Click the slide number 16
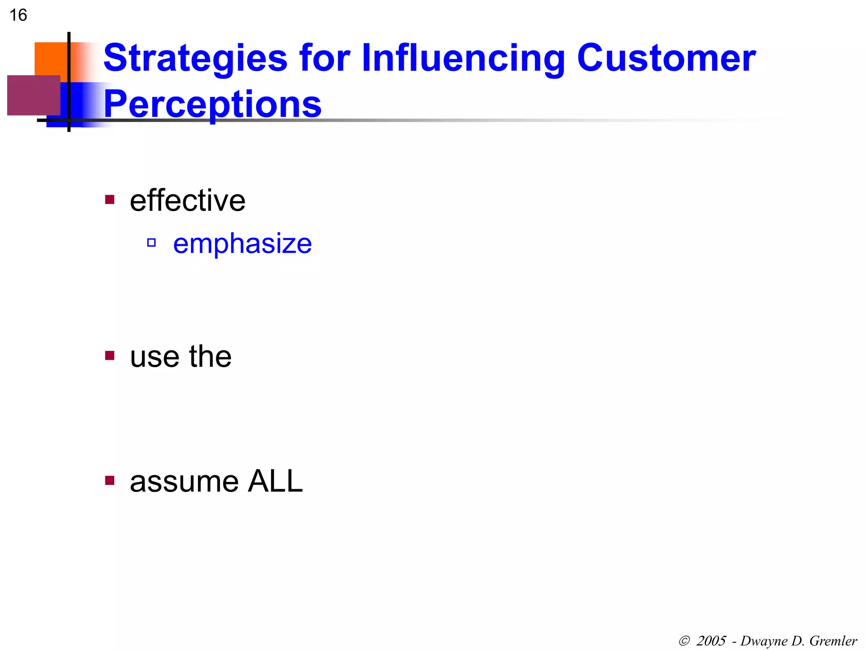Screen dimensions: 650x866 pyautogui.click(x=18, y=15)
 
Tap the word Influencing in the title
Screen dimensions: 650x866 pyautogui.click(x=463, y=58)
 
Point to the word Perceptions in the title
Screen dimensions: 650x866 pyautogui.click(x=212, y=104)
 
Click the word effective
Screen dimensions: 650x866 pyautogui.click(x=187, y=201)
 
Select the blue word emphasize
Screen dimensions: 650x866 pyautogui.click(x=242, y=244)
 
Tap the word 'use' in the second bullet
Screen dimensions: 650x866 pyautogui.click(x=154, y=357)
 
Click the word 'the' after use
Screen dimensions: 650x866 pyautogui.click(x=210, y=357)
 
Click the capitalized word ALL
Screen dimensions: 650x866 pyautogui.click(x=275, y=482)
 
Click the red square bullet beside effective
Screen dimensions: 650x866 pyautogui.click(x=110, y=199)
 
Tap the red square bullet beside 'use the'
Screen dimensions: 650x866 pyautogui.click(x=110, y=355)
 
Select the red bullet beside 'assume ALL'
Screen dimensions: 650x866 pyautogui.click(x=110, y=480)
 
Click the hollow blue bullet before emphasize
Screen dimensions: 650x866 pyautogui.click(x=151, y=243)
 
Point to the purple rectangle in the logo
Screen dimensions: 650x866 pyautogui.click(x=33, y=95)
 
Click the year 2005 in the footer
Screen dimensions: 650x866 pyautogui.click(x=711, y=641)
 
